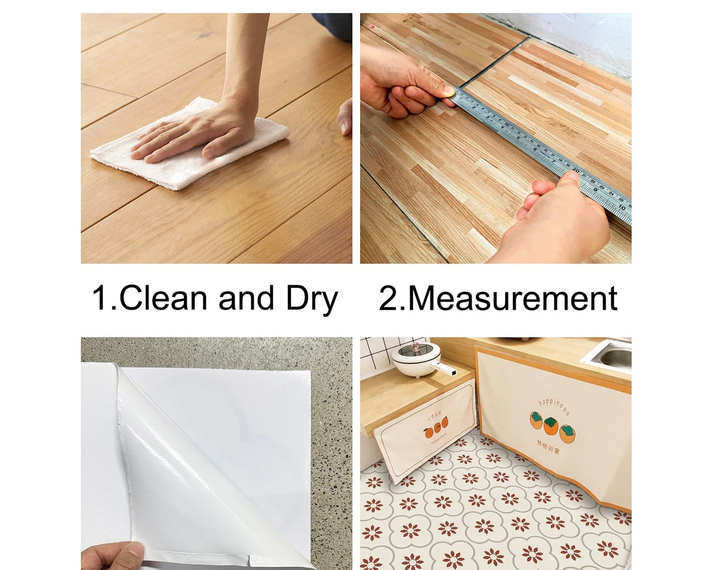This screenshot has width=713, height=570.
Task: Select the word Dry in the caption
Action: point(311,299)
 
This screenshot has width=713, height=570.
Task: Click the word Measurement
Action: point(512,298)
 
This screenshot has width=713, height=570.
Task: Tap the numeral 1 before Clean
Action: point(99,298)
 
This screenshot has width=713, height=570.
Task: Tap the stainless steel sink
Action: point(611,356)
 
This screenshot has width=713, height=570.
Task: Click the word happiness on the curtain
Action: point(554,406)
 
